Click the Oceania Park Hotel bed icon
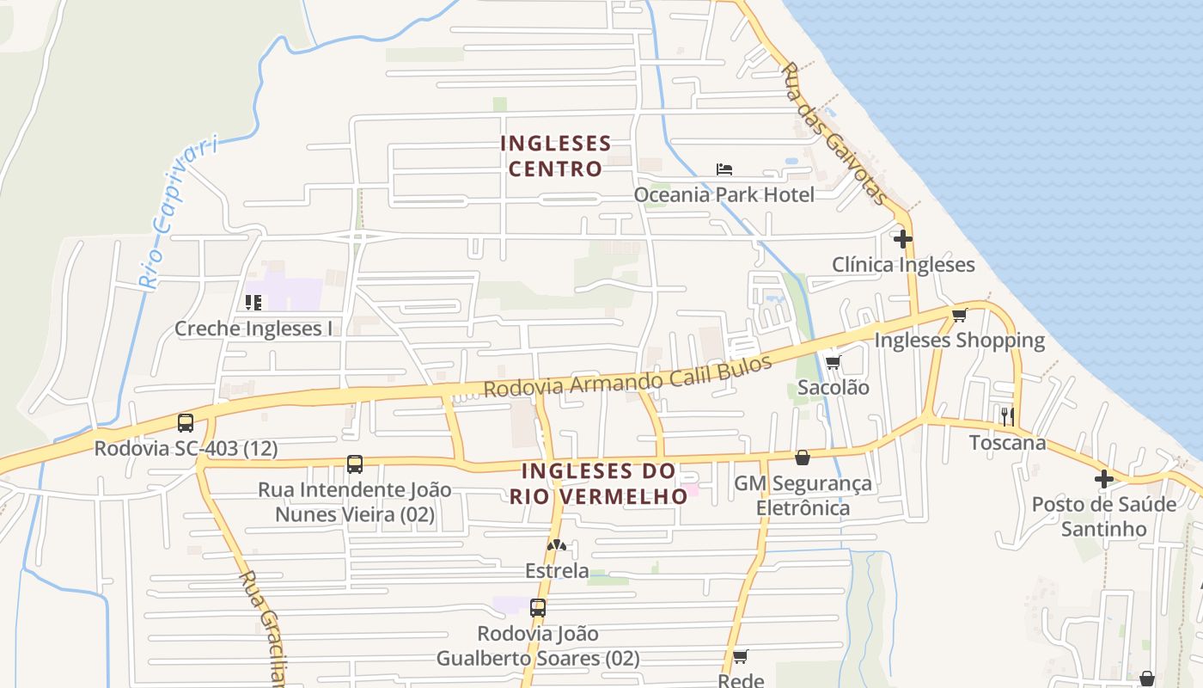724,169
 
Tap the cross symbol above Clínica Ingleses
902,238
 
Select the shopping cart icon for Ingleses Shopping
959,315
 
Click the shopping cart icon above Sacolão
832,362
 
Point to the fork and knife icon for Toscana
1008,417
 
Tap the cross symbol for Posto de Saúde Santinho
1104,478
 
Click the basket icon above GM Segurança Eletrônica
802,458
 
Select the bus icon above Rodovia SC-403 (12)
186,422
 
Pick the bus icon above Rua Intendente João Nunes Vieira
355,464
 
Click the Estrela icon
557,545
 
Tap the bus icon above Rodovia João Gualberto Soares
538,608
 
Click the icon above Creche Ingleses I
253,302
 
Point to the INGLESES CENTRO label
556,156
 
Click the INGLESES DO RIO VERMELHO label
599,483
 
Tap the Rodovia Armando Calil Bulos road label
627,377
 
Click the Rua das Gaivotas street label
832,132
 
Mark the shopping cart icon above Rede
740,656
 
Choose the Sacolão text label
834,387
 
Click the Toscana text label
1008,443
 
